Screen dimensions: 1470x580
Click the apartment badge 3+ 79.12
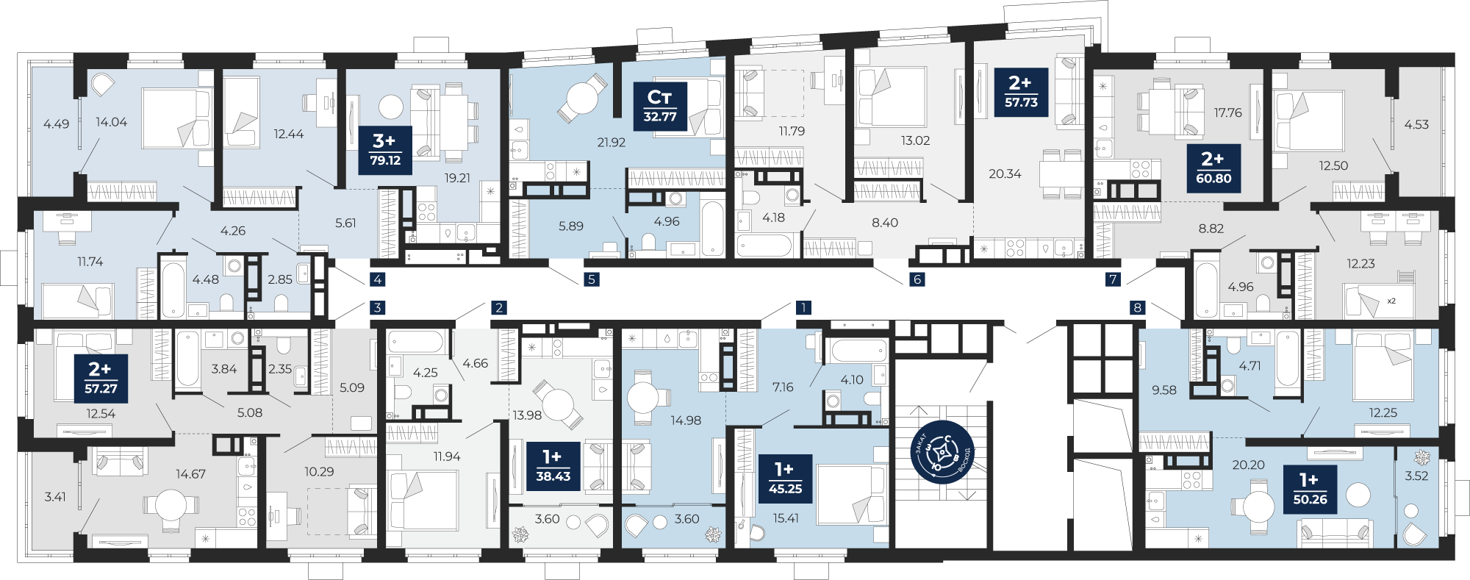pyautogui.click(x=384, y=150)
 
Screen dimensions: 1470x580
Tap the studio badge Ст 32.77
pyautogui.click(x=660, y=107)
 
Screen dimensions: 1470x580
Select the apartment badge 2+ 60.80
pyautogui.click(x=1213, y=168)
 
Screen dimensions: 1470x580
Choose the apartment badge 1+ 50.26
pyautogui.click(x=1309, y=489)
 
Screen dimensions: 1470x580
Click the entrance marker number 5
pyautogui.click(x=592, y=279)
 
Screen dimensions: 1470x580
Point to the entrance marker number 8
pyautogui.click(x=1138, y=307)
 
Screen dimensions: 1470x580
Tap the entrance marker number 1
pyautogui.click(x=804, y=307)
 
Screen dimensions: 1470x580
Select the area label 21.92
pyautogui.click(x=611, y=143)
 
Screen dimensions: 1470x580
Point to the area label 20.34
pyautogui.click(x=1005, y=174)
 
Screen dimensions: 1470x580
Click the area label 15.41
pyautogui.click(x=786, y=518)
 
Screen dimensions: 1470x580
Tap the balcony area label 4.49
pyautogui.click(x=57, y=124)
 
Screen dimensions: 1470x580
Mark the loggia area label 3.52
pyautogui.click(x=1416, y=476)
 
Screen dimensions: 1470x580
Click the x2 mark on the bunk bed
pyautogui.click(x=1391, y=301)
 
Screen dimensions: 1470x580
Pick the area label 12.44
pyautogui.click(x=288, y=134)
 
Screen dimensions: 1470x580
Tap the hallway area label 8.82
pyautogui.click(x=1211, y=229)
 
